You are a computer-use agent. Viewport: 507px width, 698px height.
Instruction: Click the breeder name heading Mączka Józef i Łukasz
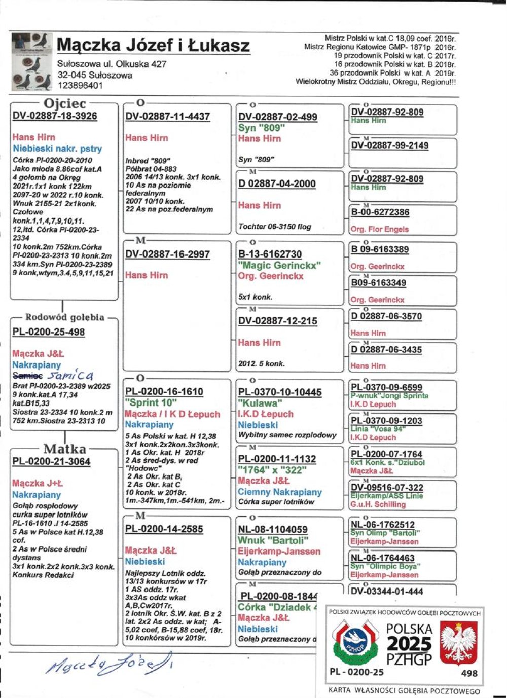point(153,45)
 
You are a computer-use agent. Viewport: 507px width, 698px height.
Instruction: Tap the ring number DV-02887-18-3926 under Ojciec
point(55,116)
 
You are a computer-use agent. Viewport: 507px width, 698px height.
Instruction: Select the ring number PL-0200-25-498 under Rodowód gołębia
point(49,332)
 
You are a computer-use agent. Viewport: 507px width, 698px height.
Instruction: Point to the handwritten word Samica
point(70,376)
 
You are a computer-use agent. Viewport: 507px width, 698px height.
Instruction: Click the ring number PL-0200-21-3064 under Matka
point(51,462)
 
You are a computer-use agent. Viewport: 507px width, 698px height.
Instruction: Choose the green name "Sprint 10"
point(151,403)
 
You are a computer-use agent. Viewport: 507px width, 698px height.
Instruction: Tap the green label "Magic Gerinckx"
point(279,265)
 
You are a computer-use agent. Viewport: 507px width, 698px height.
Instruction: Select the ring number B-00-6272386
point(380,212)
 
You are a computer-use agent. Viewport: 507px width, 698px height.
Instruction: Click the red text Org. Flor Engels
point(379,229)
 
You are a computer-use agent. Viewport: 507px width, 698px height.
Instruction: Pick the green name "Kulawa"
point(260,403)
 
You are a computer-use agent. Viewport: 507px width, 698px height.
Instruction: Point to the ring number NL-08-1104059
point(273,530)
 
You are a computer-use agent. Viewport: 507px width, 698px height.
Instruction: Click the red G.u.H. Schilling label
point(378,505)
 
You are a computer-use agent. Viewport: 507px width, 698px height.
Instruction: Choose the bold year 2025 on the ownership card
point(409,644)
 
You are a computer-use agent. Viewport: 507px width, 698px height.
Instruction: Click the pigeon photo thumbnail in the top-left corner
point(31,62)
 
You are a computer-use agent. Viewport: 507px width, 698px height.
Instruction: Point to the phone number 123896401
point(80,85)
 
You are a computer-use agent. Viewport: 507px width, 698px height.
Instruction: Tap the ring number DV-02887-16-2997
point(168,254)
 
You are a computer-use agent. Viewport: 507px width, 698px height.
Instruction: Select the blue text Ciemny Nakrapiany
point(280,492)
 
